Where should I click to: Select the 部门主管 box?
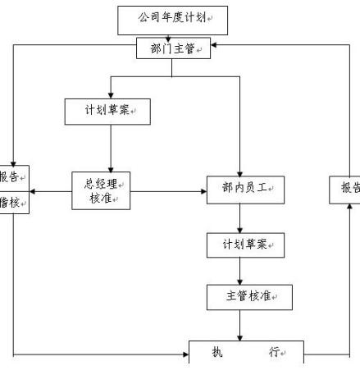(172, 48)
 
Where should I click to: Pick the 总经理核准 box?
(102, 191)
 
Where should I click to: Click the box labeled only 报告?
(346, 188)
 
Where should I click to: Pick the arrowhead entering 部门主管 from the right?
(215, 46)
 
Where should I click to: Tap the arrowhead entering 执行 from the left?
(185, 356)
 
